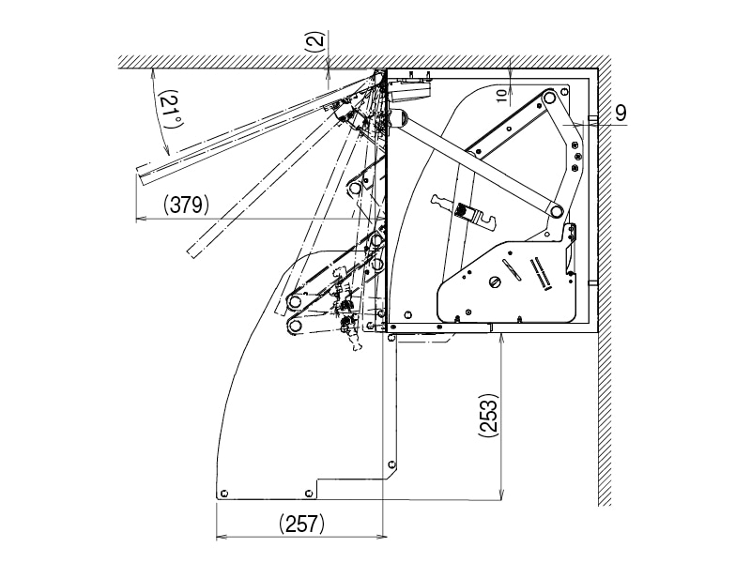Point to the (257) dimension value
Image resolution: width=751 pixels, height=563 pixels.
pos(301,525)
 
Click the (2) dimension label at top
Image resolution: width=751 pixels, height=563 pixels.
pos(315,41)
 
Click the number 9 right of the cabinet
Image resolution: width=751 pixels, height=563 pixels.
pos(621,112)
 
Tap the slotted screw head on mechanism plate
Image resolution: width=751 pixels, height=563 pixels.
pos(496,281)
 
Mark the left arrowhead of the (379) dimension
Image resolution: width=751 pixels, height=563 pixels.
pos(140,218)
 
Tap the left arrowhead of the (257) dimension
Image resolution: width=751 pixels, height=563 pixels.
pos(220,537)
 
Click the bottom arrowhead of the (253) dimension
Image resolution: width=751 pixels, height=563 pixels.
pos(503,496)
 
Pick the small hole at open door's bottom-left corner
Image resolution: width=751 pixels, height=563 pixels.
pos(224,492)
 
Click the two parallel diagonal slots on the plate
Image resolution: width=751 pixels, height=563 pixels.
pos(541,273)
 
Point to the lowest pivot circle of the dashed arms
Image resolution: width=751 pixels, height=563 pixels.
pos(295,326)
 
